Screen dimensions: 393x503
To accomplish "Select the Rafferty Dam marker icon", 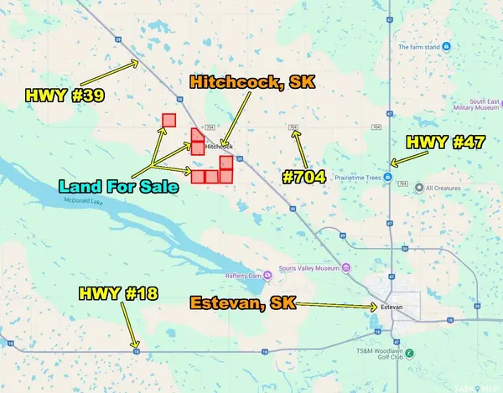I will [x=267, y=273].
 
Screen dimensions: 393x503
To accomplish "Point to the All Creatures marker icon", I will [x=420, y=188].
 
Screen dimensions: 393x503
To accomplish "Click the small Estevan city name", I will [x=392, y=308].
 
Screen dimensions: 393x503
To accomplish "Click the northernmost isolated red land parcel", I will [x=169, y=120].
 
